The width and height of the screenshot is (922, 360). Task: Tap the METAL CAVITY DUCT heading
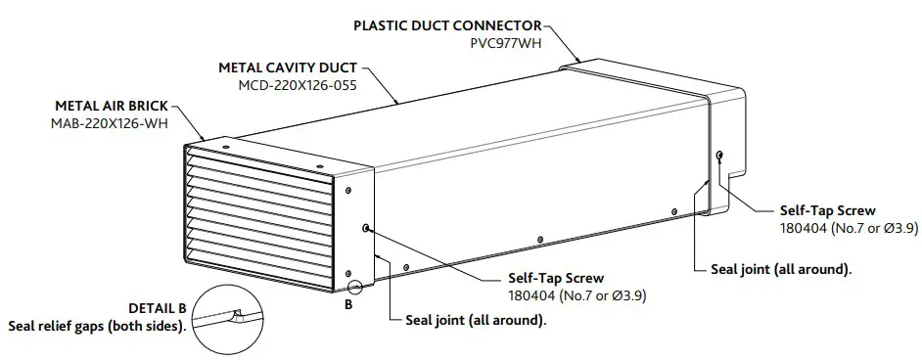coord(286,68)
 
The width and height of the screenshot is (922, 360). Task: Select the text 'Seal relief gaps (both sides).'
coord(97,325)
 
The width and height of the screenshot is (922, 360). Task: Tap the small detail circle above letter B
coord(354,287)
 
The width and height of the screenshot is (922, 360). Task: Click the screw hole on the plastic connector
coord(720,155)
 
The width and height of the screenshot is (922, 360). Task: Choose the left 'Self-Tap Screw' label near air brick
coord(555,277)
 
